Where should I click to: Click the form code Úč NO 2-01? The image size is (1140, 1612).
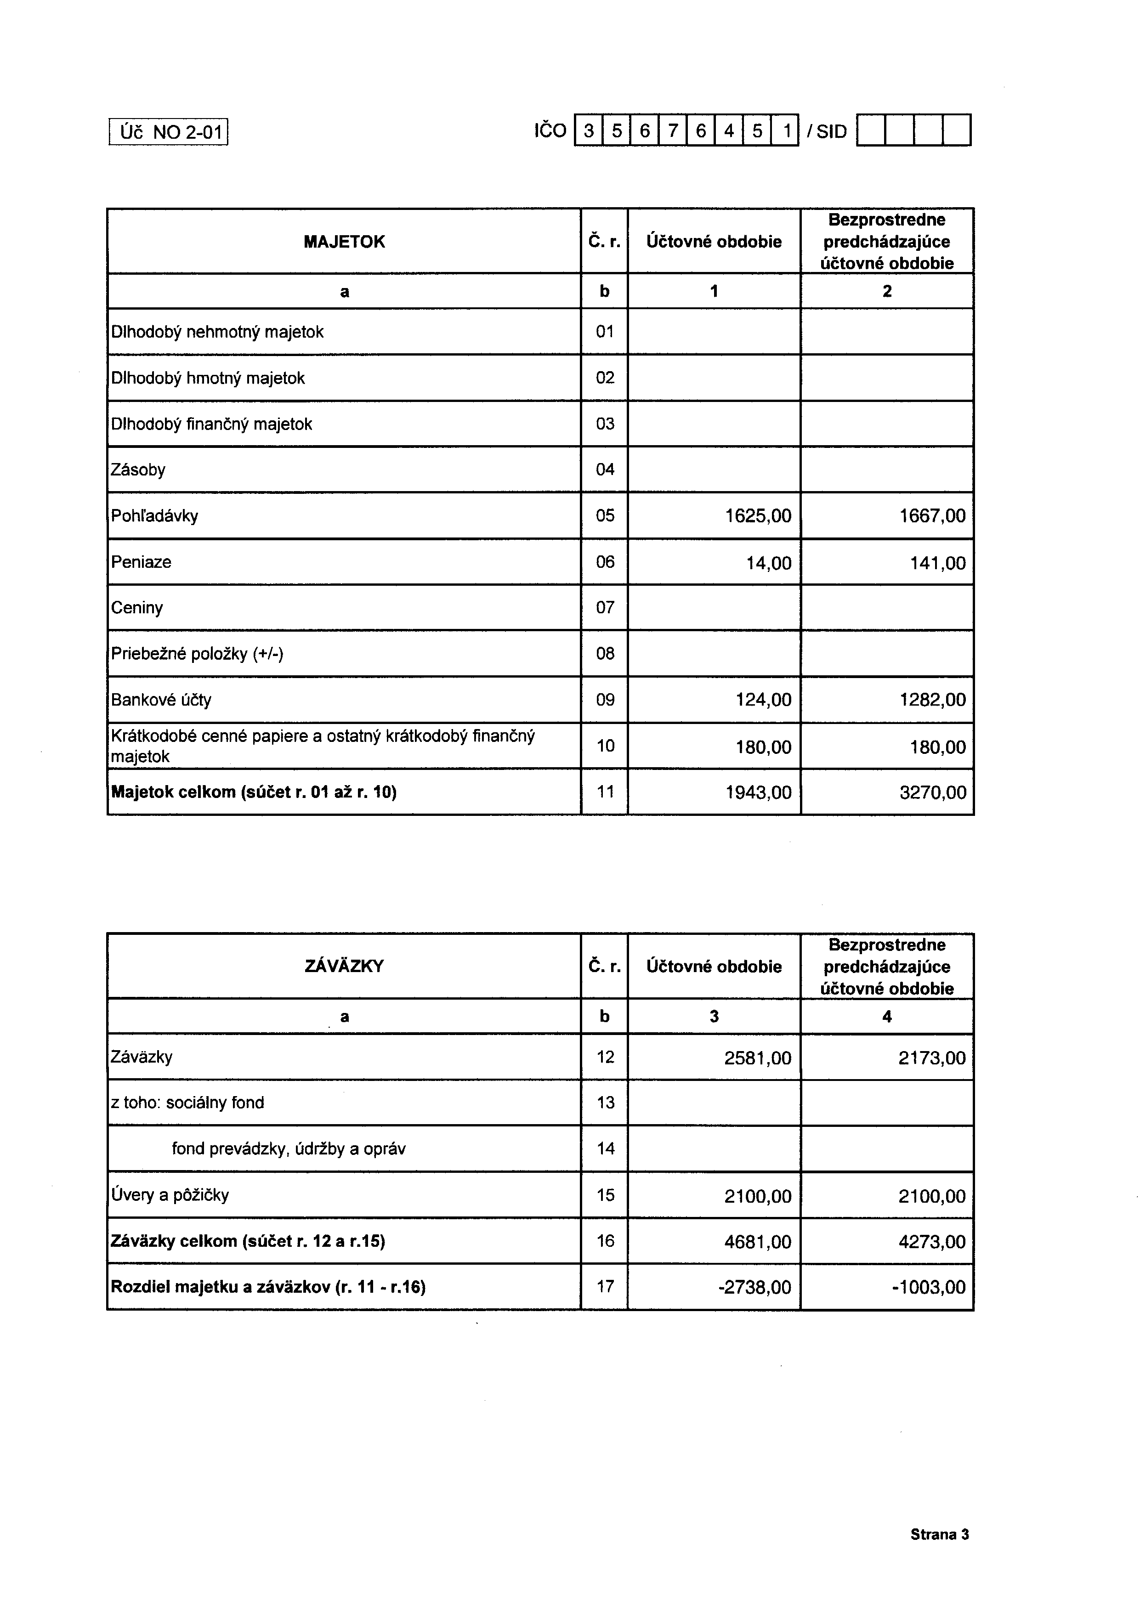pyautogui.click(x=169, y=132)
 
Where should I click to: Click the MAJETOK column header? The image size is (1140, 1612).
pyautogui.click(x=344, y=242)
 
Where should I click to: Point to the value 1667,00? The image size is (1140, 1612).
pyautogui.click(x=932, y=516)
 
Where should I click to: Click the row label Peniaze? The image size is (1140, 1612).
pyautogui.click(x=141, y=562)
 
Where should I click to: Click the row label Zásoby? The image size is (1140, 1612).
pyautogui.click(x=138, y=469)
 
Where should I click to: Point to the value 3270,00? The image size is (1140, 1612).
pyautogui.click(x=932, y=792)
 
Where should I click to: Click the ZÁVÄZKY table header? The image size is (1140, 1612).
pyautogui.click(x=344, y=966)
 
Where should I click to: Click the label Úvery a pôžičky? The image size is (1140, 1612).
pyautogui.click(x=170, y=1195)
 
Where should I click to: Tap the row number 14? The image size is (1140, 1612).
pyautogui.click(x=605, y=1148)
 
